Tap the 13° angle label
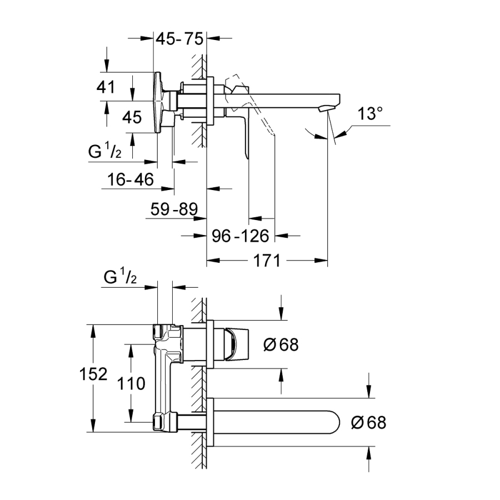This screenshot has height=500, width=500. (x=370, y=114)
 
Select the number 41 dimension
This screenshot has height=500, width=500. (x=105, y=87)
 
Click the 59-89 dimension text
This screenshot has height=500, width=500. (x=174, y=209)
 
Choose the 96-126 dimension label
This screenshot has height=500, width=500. (x=241, y=236)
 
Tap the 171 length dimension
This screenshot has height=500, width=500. (x=267, y=260)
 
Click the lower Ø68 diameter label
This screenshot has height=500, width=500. (x=368, y=422)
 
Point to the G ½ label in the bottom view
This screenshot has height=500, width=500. (x=119, y=278)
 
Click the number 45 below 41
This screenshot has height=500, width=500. (x=132, y=117)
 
